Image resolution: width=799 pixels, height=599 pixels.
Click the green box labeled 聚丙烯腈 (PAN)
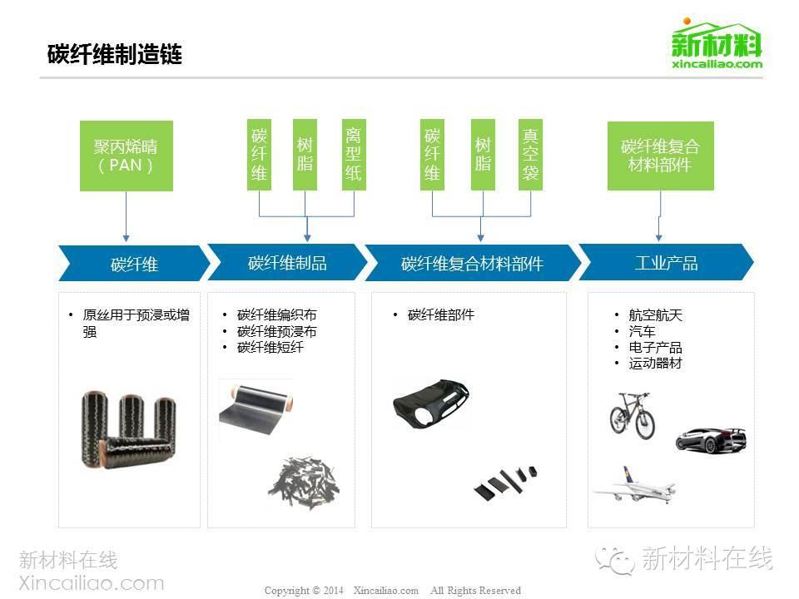pyautogui.click(x=126, y=156)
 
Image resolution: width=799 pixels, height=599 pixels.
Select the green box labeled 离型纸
pyautogui.click(x=354, y=155)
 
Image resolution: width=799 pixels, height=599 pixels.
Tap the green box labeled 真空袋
pyautogui.click(x=530, y=155)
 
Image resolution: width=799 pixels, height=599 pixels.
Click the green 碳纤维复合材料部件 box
pyautogui.click(x=660, y=156)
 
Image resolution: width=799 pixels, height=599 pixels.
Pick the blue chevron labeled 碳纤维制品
pyautogui.click(x=287, y=263)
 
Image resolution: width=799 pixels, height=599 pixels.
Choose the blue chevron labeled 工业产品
pyautogui.click(x=666, y=263)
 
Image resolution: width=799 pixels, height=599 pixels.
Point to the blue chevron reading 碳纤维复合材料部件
pyautogui.click(x=472, y=264)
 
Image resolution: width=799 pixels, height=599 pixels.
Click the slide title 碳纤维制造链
pyautogui.click(x=115, y=55)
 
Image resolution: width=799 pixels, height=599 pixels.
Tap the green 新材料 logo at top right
pyautogui.click(x=717, y=46)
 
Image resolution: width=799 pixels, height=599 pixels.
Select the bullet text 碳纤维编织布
pyautogui.click(x=276, y=315)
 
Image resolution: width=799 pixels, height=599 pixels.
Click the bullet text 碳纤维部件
pyautogui.click(x=441, y=315)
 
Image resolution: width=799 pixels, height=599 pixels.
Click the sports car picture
pyautogui.click(x=709, y=438)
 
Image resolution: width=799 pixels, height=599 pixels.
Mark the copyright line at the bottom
pyautogui.click(x=392, y=591)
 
